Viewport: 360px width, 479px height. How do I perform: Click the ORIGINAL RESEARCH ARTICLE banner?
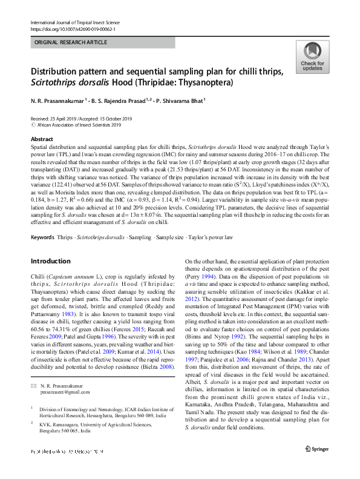[x=71, y=43]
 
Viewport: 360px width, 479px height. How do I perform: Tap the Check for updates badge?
[x=312, y=58]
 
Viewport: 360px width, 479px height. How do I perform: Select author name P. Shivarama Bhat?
[x=179, y=101]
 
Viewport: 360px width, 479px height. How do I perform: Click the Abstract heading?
[x=42, y=139]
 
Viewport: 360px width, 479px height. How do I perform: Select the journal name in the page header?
[x=80, y=22]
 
